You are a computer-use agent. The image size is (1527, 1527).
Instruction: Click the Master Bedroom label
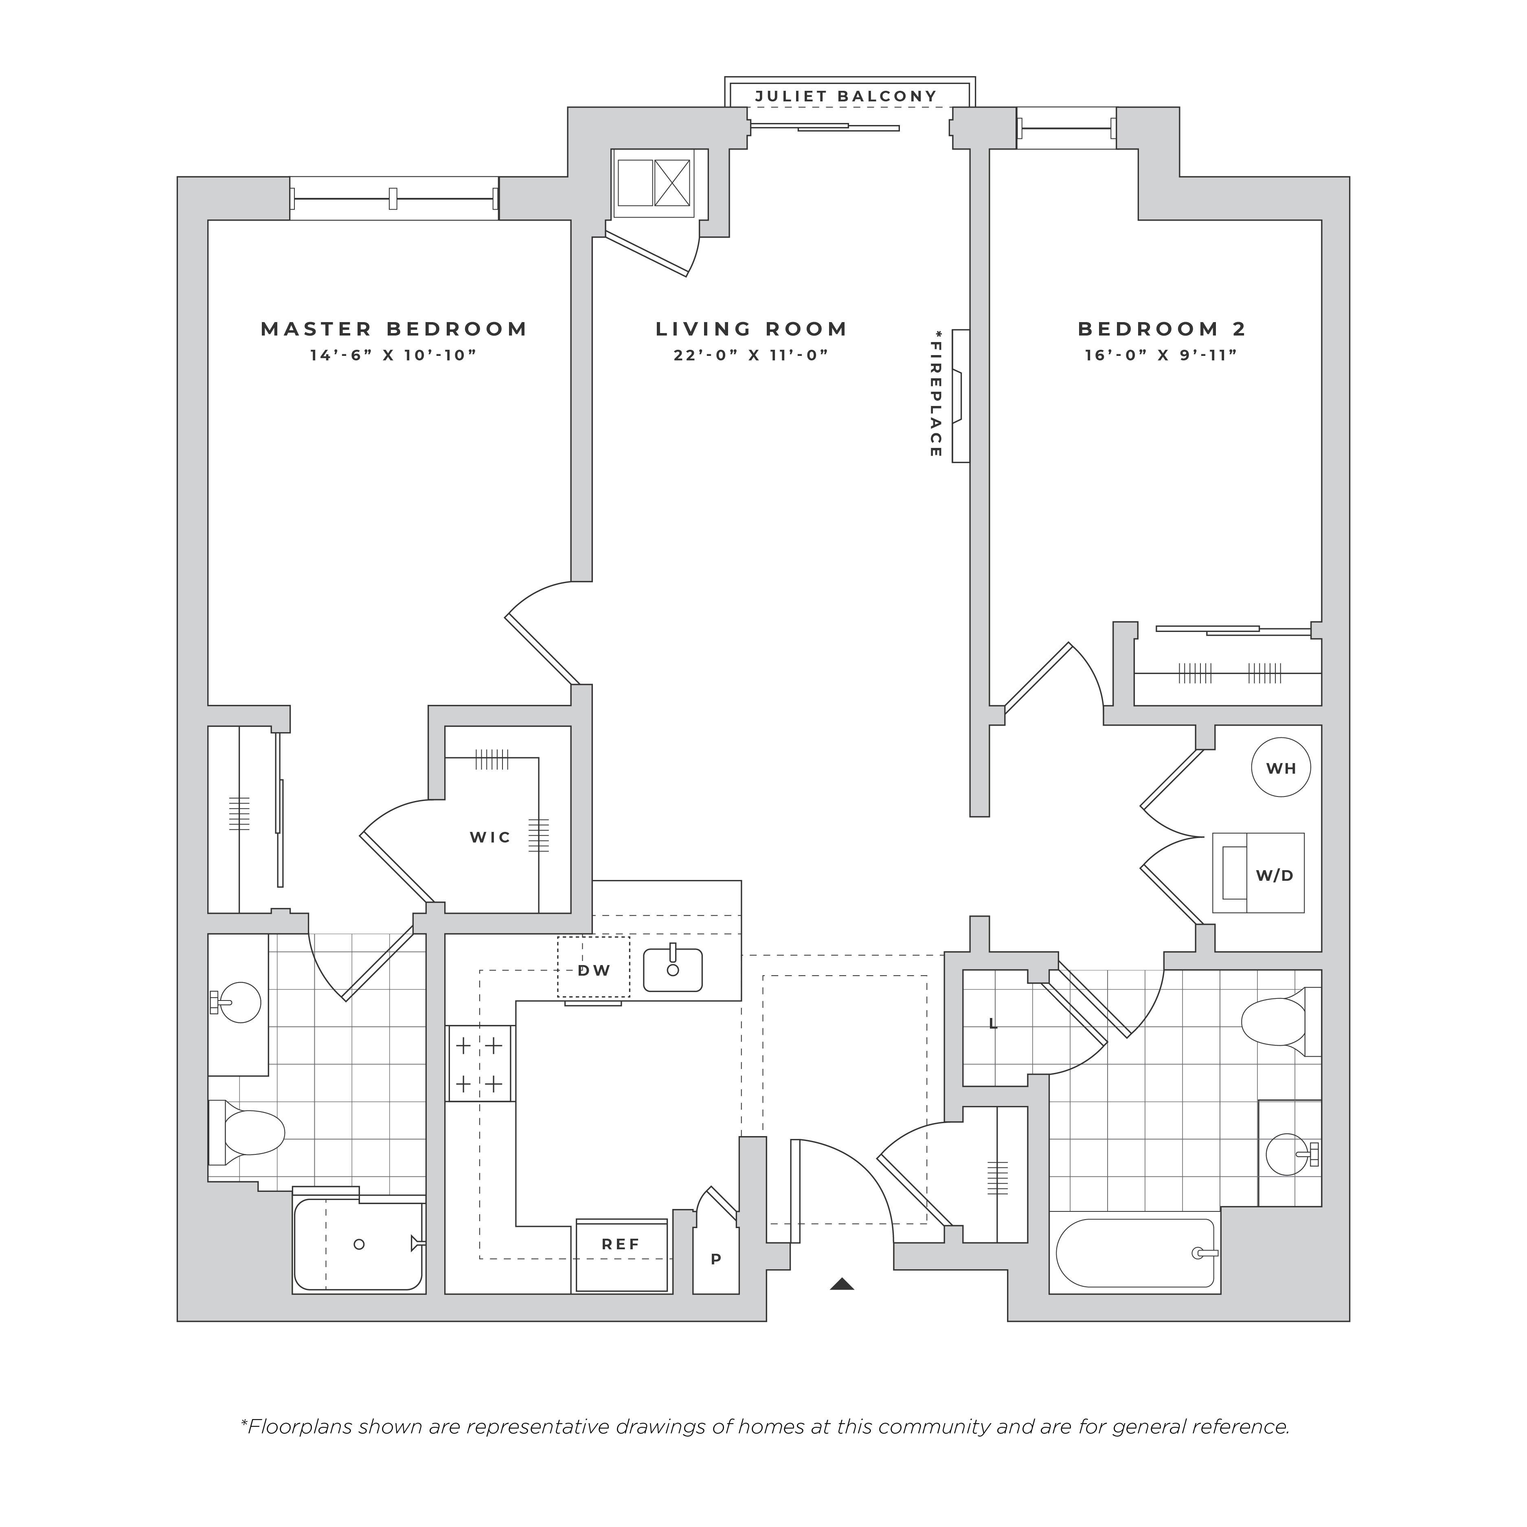coord(395,329)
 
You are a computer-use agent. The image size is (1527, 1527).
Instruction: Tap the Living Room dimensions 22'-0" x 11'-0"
coord(751,355)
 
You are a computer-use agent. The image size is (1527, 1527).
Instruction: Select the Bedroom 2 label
coord(1162,329)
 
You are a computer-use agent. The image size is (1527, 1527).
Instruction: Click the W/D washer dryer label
coord(1275,876)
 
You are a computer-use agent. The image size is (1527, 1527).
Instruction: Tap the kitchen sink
coord(673,970)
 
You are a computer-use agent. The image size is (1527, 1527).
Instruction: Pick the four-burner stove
coord(479,1063)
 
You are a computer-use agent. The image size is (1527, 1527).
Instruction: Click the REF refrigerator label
coord(621,1244)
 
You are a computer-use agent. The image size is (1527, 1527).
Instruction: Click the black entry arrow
coord(842,1284)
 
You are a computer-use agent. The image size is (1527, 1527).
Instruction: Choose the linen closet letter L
coord(994,1025)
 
